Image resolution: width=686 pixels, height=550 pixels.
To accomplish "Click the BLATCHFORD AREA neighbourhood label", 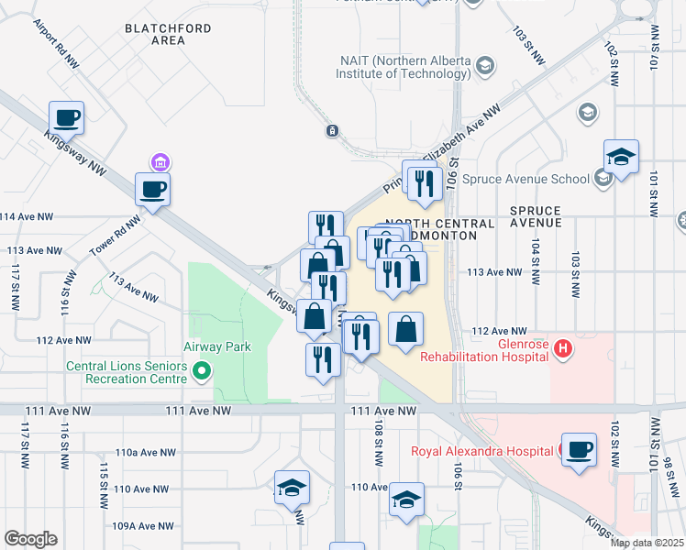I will [168, 35].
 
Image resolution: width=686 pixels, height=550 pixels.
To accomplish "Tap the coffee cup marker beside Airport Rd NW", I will [67, 118].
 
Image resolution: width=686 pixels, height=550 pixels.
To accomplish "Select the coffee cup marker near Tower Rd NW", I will [153, 190].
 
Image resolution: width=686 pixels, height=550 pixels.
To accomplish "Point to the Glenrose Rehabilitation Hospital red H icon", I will [564, 349].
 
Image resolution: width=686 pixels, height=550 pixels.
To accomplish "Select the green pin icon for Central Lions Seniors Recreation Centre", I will [203, 370].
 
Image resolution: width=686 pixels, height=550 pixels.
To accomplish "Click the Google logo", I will [30, 539].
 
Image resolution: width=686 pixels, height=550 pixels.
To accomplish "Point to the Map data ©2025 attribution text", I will [646, 543].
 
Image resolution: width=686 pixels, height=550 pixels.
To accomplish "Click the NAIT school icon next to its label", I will [485, 66].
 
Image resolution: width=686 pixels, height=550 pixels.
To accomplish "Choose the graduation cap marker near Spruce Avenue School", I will [621, 157].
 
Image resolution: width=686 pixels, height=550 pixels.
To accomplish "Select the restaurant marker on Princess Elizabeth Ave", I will [423, 183].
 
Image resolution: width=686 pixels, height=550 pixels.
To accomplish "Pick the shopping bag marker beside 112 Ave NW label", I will [404, 330].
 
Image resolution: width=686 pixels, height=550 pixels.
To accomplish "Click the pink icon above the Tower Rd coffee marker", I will [160, 162].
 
